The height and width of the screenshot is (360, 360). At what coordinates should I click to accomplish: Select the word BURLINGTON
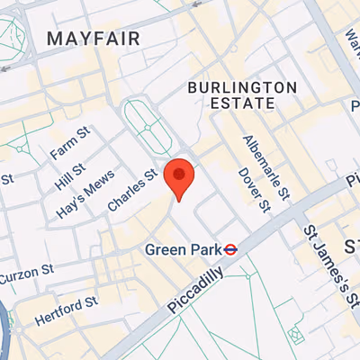point(241,86)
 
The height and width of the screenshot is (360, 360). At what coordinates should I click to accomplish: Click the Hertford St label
point(66,310)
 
